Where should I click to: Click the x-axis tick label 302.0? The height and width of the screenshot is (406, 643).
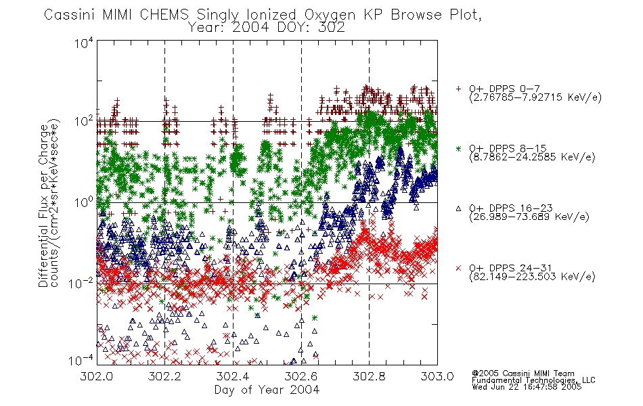coord(97,376)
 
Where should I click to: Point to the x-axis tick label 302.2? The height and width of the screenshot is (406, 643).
coord(165,376)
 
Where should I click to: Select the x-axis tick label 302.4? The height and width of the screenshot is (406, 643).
coord(233,376)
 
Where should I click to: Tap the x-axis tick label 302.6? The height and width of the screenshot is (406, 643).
coord(301,376)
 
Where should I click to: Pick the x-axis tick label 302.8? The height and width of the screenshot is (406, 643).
coord(369,376)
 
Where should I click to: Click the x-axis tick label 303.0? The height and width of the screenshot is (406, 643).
coord(437,376)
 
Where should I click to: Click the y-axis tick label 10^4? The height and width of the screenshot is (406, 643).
coord(84,43)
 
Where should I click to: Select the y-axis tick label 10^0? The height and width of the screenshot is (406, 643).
coord(84,202)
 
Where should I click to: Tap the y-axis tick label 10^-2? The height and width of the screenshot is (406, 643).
coord(81,283)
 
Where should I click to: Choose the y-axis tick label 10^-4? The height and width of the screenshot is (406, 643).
coord(81,361)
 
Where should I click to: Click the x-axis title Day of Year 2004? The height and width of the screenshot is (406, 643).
coord(267,390)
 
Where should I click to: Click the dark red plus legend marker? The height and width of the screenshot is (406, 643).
coord(458,89)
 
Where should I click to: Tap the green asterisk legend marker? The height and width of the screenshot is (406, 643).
coord(458,148)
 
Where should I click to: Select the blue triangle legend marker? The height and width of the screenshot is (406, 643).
coord(458,208)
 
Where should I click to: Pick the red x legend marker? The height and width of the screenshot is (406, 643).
coord(458,268)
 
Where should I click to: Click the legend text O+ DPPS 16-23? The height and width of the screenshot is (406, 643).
coord(511,208)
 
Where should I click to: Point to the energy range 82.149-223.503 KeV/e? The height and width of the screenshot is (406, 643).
coord(532,277)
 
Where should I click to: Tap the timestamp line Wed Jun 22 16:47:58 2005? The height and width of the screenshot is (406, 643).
coord(527,387)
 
